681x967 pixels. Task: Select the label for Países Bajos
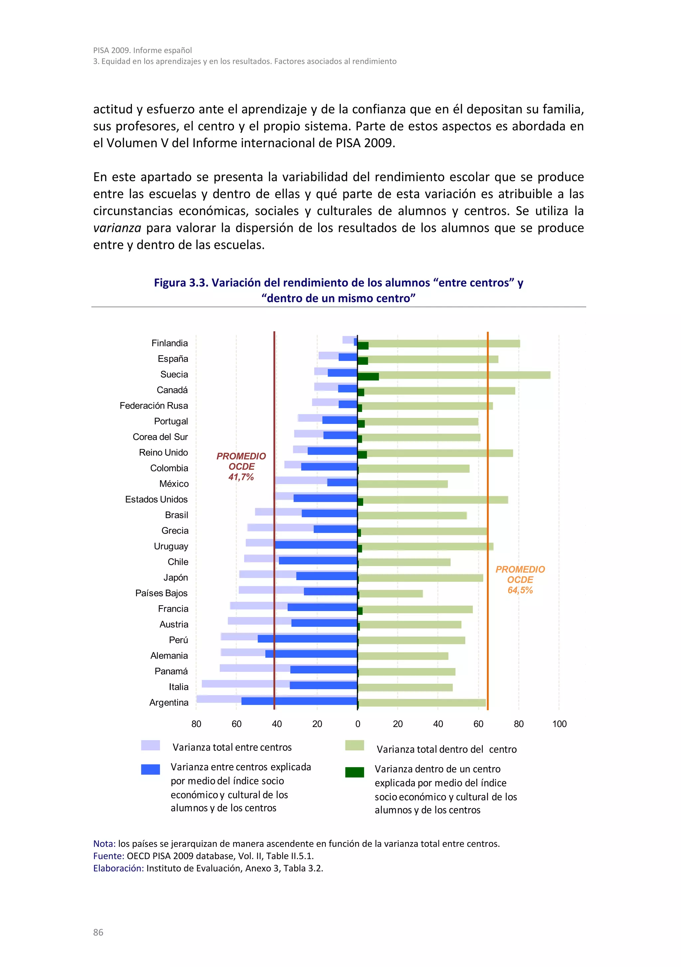pos(161,593)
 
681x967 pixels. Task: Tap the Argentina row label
pos(169,702)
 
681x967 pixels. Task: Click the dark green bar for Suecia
pos(368,376)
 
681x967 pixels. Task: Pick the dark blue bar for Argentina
pos(299,701)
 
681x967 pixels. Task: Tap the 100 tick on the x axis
pos(559,724)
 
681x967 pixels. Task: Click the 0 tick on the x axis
pos(357,724)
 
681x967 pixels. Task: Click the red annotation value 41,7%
pos(241,477)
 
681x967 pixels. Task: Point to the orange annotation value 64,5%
pos(520,590)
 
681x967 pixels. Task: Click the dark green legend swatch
pos(354,772)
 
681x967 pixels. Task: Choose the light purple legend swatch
pos(150,745)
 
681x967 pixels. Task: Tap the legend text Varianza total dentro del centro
pos(446,749)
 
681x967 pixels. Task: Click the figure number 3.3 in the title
pos(199,282)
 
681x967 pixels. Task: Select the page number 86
pos(98,932)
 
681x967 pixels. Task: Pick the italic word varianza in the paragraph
pos(117,228)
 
